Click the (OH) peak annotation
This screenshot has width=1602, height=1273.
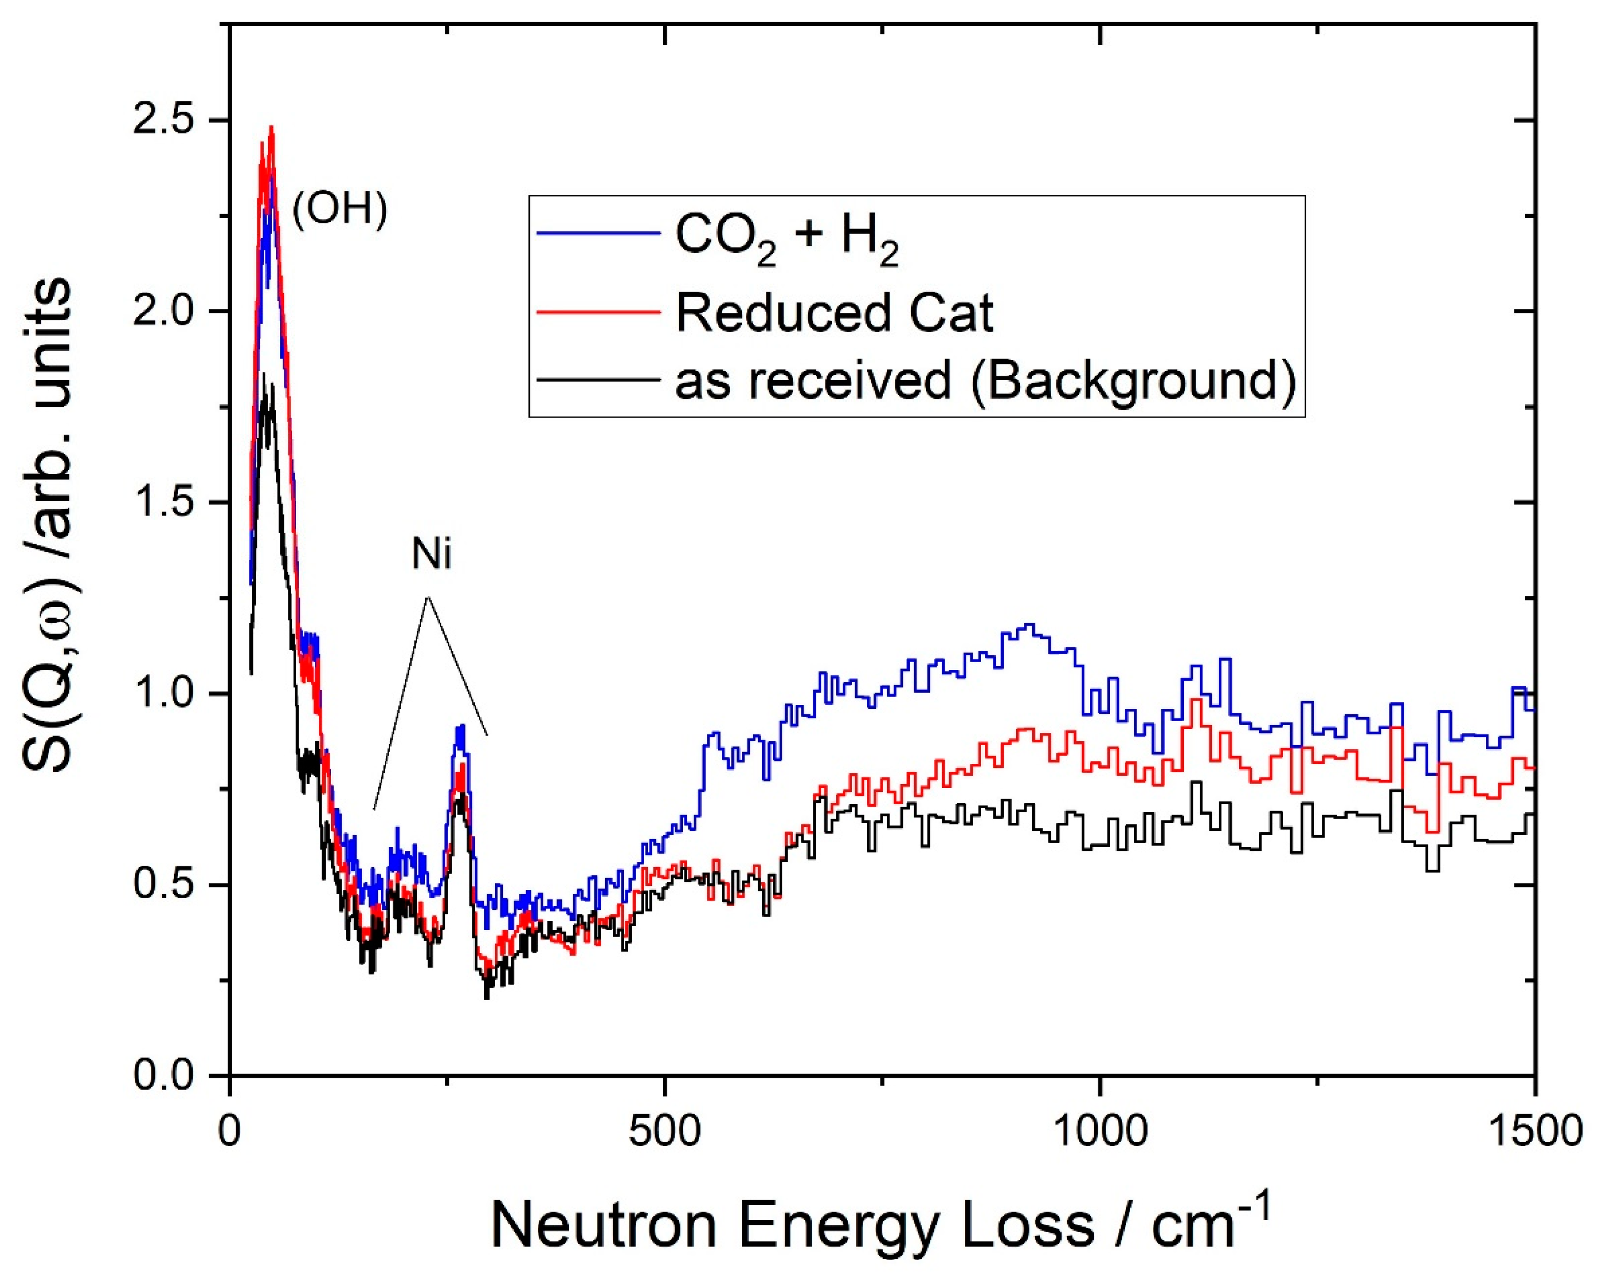pyautogui.click(x=339, y=211)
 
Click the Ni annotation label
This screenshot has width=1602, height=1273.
pyautogui.click(x=431, y=555)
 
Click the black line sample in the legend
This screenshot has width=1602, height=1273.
pyautogui.click(x=598, y=380)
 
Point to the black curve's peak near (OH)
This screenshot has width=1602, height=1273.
pyautogui.click(x=264, y=375)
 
